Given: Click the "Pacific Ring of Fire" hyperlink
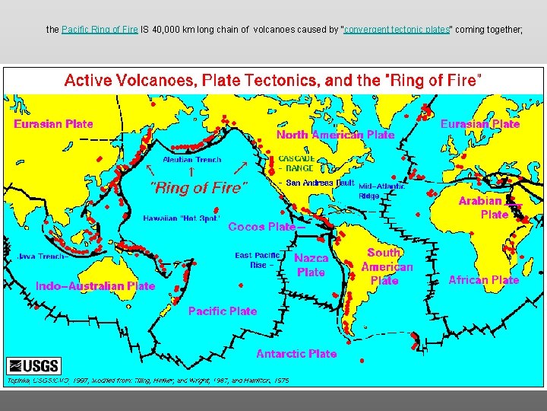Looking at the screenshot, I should click(x=100, y=30).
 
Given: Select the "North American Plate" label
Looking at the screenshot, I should click(x=335, y=135).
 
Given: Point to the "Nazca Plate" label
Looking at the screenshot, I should click(x=311, y=265).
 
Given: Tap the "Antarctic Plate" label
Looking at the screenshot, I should click(x=296, y=354).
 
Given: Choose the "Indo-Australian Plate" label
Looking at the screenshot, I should click(x=95, y=287).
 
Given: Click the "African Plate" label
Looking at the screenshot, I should click(x=483, y=280).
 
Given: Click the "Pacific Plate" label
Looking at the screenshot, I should click(x=223, y=311).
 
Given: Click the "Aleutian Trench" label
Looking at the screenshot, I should click(x=193, y=160).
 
